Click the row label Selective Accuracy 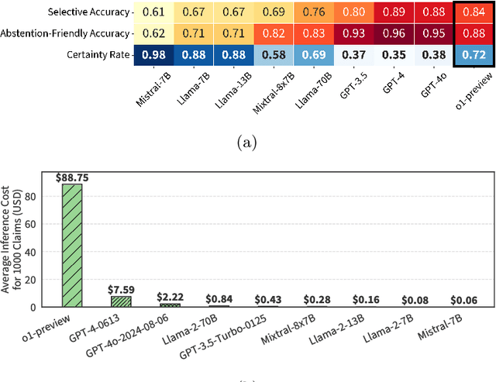point(86,12)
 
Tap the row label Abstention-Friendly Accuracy point(66,33)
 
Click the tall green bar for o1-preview point(72,246)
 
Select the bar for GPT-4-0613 point(120,301)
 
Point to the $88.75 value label point(72,177)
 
